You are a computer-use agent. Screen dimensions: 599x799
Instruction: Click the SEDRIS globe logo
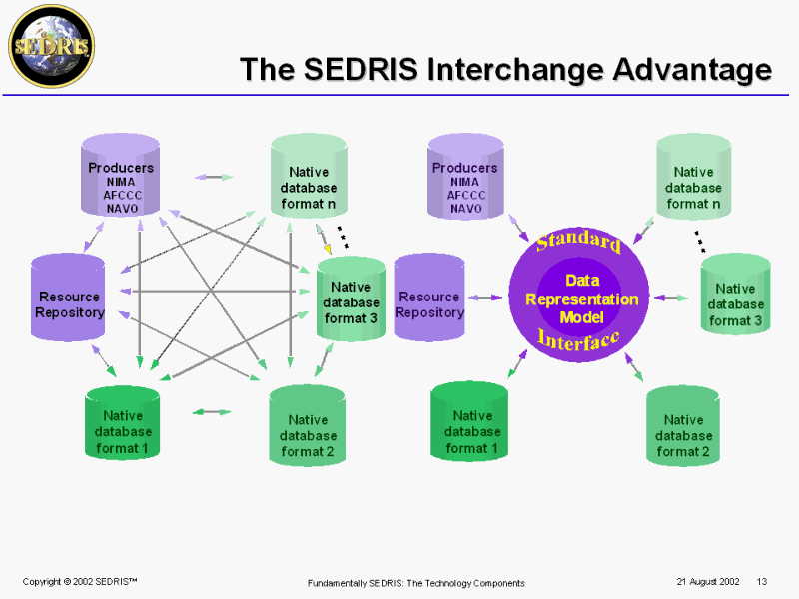coord(50,45)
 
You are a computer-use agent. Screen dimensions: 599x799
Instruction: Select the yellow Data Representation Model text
coord(581,298)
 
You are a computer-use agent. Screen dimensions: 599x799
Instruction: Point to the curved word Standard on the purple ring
coord(579,241)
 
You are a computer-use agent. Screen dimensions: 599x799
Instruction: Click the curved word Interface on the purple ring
coord(579,339)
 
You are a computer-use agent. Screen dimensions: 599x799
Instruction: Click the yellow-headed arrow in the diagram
coord(326,245)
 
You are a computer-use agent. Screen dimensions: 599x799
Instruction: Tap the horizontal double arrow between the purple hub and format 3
coord(671,298)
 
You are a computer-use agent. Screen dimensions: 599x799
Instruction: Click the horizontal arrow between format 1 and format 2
coord(212,411)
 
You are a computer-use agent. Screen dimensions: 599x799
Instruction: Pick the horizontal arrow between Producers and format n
coord(213,177)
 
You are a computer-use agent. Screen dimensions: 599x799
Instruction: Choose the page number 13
coord(761,582)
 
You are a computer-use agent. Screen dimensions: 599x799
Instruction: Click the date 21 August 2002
coord(707,582)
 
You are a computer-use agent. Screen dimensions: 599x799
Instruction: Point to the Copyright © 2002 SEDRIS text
coord(79,582)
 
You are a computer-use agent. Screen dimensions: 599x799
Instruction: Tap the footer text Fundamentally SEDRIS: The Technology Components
coord(415,583)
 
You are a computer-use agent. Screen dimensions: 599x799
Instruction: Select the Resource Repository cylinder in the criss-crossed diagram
coord(69,298)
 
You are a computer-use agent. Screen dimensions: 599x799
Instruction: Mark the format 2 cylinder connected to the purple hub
coord(683,427)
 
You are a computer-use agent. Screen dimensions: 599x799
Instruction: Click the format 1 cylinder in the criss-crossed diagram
coord(123,424)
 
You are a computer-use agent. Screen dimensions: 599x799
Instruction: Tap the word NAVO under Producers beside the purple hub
coord(465,209)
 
